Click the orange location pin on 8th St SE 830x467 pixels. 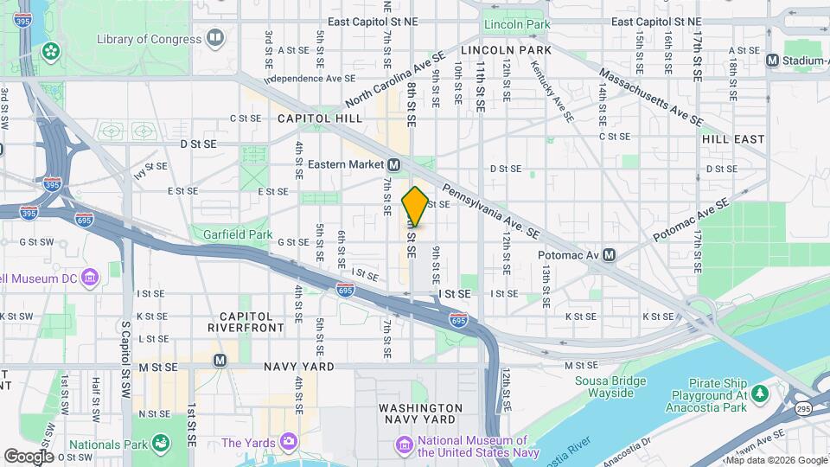(415, 206)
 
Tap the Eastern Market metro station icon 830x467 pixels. (394, 164)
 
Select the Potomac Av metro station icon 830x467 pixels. (610, 254)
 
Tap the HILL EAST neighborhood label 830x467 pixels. (733, 138)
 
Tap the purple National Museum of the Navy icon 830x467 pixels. (403, 445)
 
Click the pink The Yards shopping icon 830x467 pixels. (289, 443)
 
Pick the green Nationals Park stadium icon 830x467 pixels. (160, 444)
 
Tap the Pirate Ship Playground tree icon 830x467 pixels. (760, 395)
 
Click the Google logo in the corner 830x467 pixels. (29, 456)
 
